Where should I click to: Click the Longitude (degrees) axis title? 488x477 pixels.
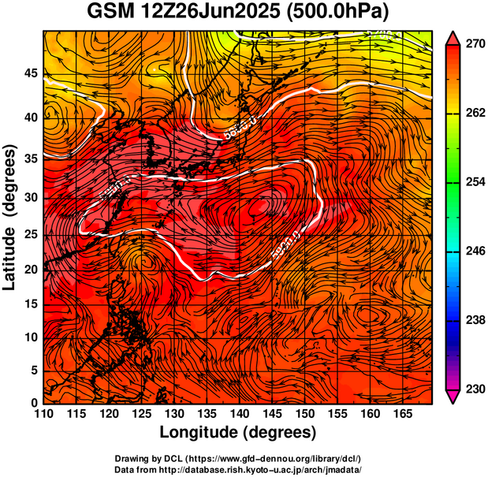pos(238,433)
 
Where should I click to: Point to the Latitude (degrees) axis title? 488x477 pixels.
pos(11,217)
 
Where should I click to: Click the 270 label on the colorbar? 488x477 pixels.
pos(471,44)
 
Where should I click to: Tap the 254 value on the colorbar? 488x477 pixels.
pos(471,182)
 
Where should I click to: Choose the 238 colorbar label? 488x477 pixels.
pos(471,320)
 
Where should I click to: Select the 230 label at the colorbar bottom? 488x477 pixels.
pos(471,389)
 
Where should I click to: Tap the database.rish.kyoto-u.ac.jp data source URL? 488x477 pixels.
pos(259,469)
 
